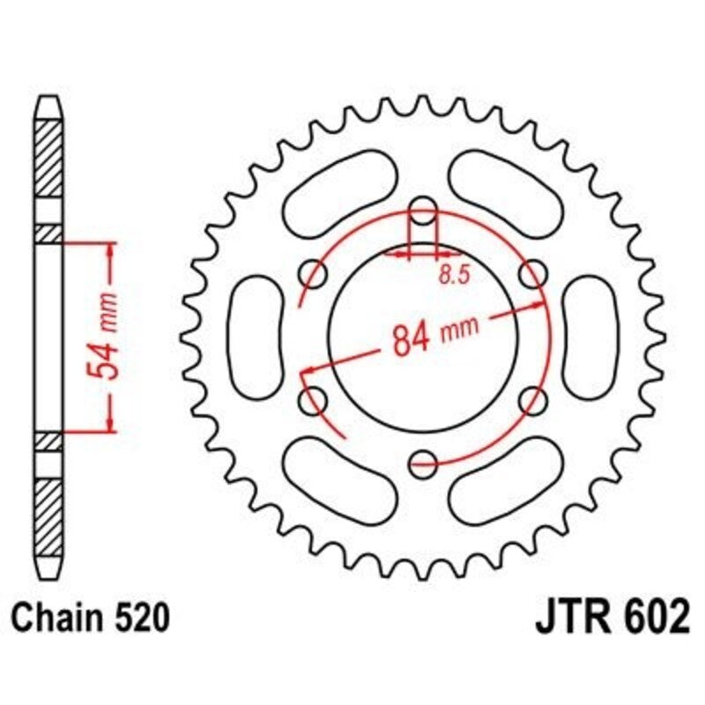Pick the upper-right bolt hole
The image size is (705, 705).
(531, 275)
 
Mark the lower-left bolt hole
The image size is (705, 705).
(314, 401)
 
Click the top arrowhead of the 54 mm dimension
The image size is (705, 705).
(111, 250)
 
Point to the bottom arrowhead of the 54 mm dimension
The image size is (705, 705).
(111, 426)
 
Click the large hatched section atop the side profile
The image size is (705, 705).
(49, 159)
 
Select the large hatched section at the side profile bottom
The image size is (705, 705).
(49, 512)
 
